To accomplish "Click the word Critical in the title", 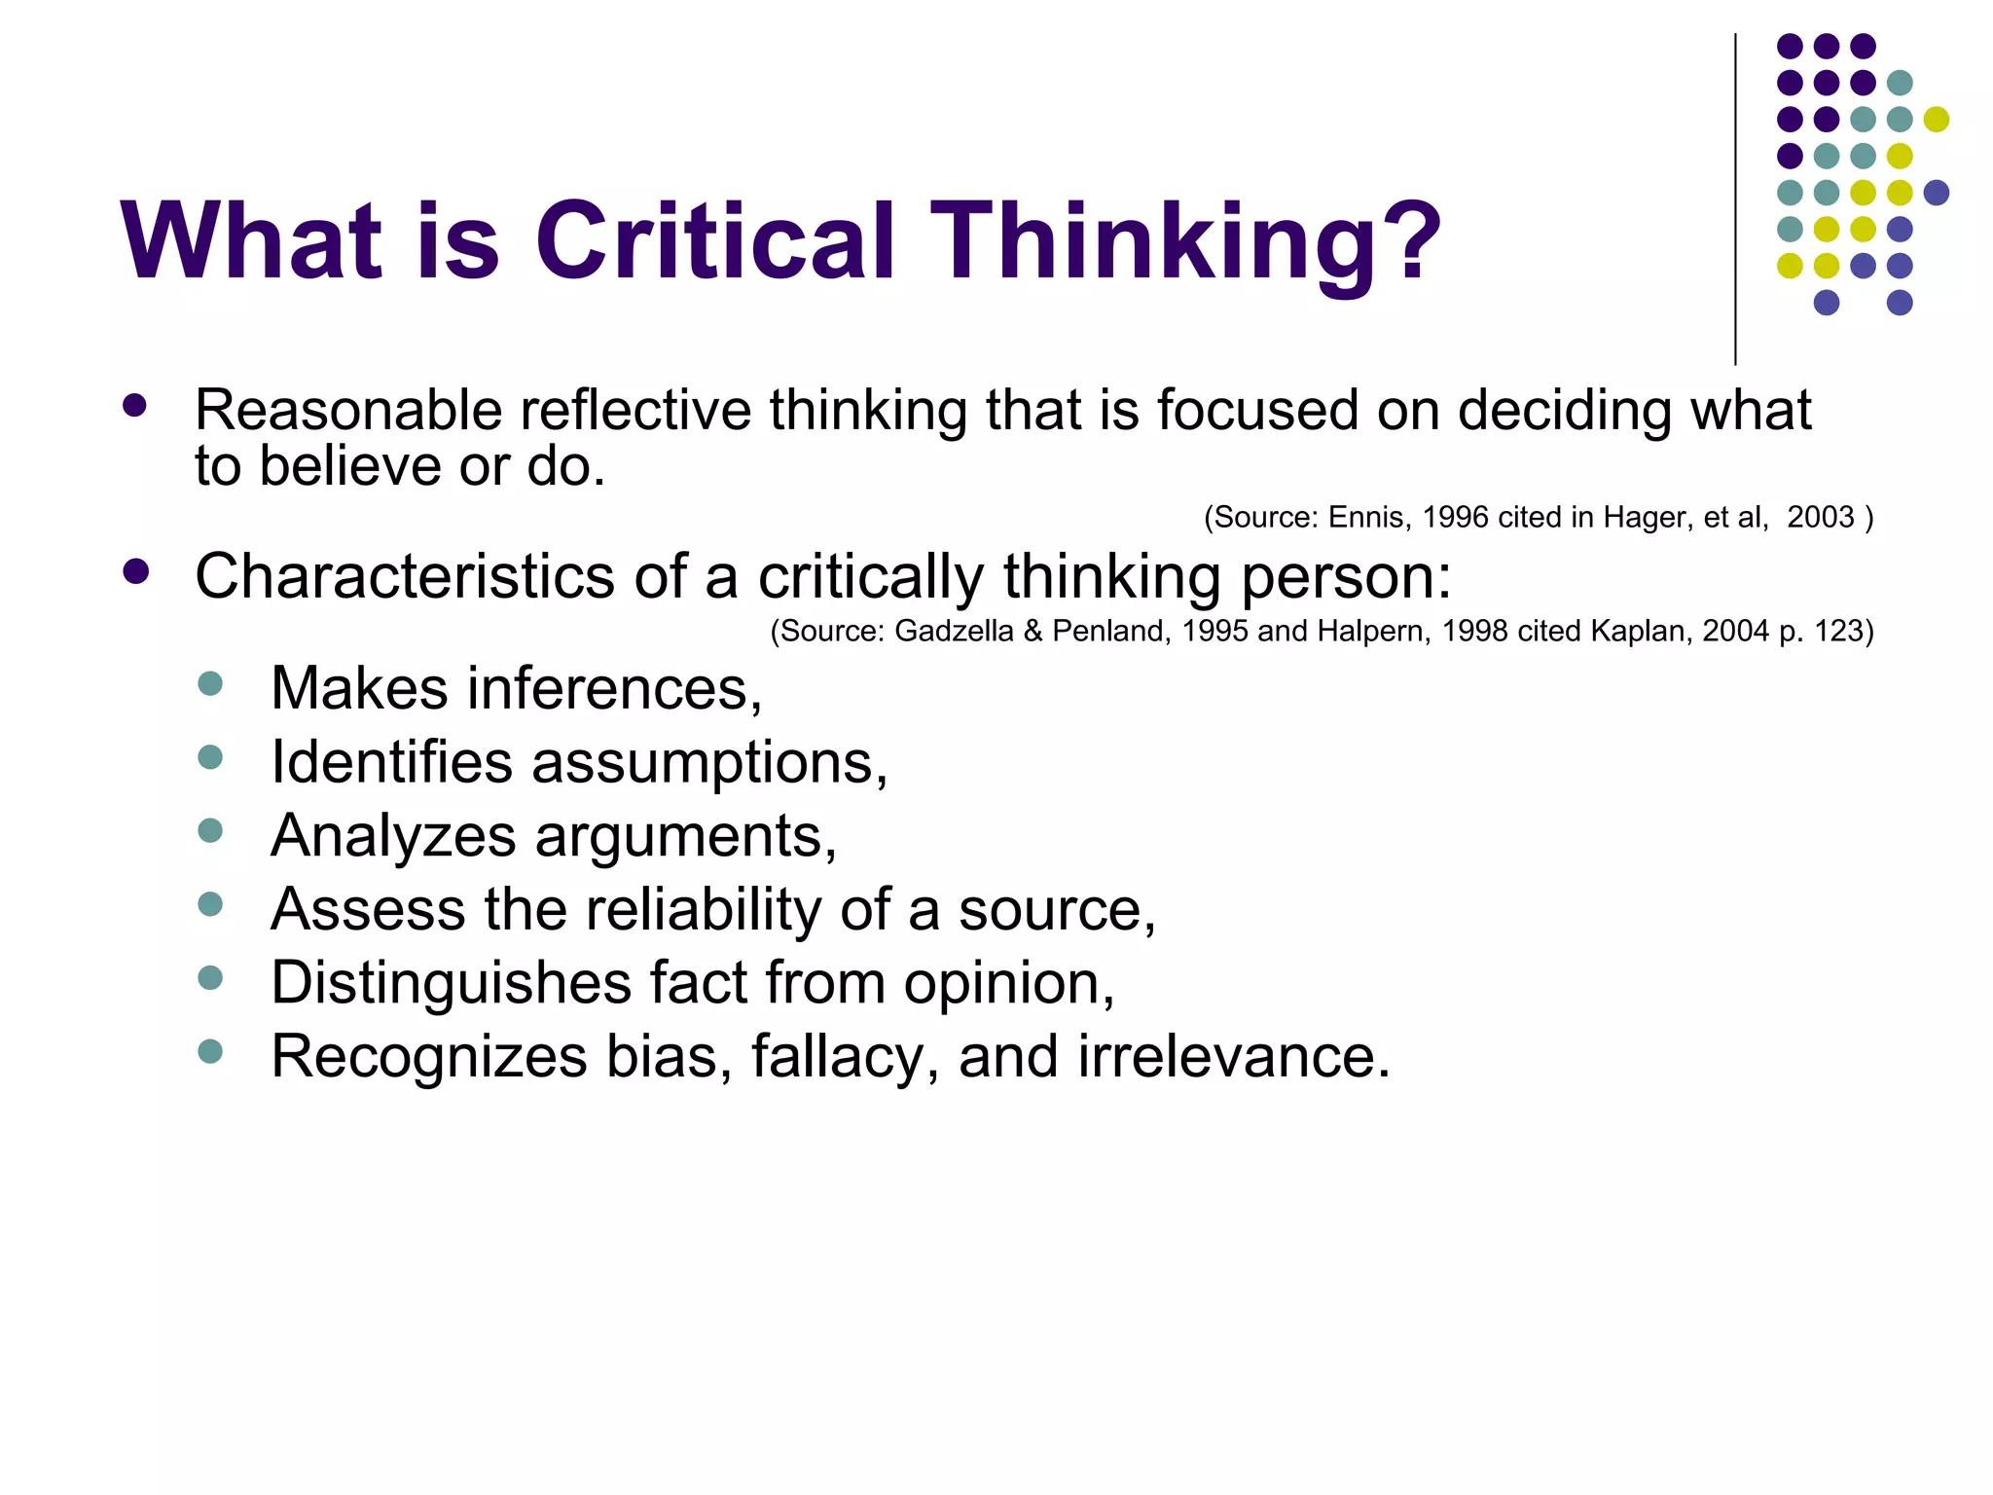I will coord(714,241).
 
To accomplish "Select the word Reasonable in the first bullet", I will coord(347,410).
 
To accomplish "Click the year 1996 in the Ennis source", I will coord(1455,517).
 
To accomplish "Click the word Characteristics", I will coord(405,575).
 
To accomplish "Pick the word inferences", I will coord(614,688).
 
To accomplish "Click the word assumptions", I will coord(708,762).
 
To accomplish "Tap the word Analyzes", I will coord(393,836).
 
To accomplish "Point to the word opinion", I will coord(1007,982).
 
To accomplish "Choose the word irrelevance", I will coord(1233,1056).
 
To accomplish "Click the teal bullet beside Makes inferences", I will coord(210,682).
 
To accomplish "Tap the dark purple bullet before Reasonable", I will coord(135,405).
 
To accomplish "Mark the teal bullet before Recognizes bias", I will coord(210,1050).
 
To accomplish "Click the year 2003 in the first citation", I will coord(1820,517).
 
